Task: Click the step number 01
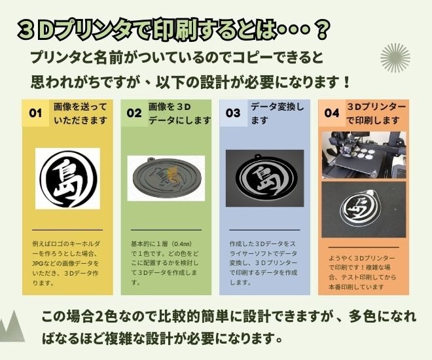click(35, 113)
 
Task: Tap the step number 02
click(134, 113)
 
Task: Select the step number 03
click(233, 113)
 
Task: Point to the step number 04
click(332, 113)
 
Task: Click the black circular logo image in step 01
click(67, 179)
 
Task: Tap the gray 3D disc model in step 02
click(167, 177)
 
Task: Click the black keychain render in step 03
click(265, 177)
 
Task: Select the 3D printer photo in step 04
click(364, 154)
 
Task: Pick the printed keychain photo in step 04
click(364, 209)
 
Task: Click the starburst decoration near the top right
click(395, 58)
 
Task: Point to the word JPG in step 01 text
click(37, 263)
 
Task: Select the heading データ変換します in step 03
click(277, 113)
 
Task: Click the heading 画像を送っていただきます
click(80, 113)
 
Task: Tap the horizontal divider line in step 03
click(265, 230)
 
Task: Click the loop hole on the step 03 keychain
click(258, 156)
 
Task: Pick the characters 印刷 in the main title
click(175, 29)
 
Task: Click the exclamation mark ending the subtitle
click(347, 82)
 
